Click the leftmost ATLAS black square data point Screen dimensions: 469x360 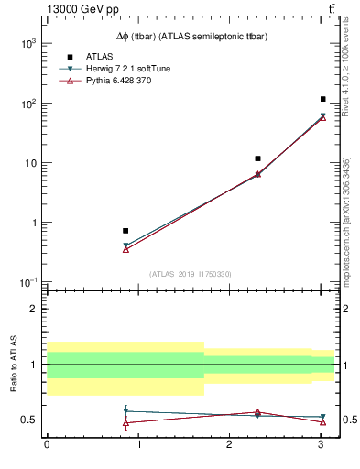point(125,231)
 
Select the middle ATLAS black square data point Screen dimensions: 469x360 point(257,158)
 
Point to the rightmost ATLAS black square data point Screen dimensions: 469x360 point(323,99)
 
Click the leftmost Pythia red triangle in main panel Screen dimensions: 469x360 point(125,249)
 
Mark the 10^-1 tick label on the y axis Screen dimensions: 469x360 point(27,282)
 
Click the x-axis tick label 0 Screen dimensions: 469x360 point(47,444)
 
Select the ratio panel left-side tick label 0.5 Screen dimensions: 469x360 point(28,420)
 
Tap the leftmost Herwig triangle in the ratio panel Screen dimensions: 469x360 point(125,411)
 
